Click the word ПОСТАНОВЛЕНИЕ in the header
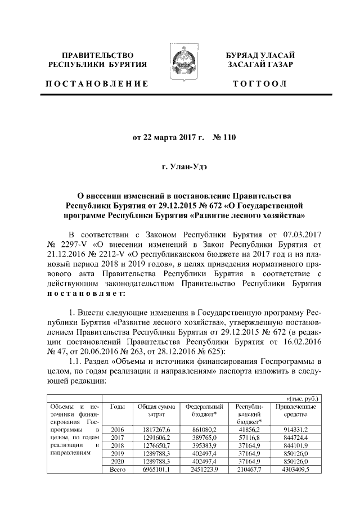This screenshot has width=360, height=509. pyautogui.click(x=97, y=84)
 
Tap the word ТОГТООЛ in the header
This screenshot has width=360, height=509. pyautogui.click(x=260, y=84)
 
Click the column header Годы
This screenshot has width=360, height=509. pyautogui.click(x=118, y=406)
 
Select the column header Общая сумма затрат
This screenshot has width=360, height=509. pyautogui.click(x=157, y=410)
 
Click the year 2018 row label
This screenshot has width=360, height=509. pyautogui.click(x=118, y=445)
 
